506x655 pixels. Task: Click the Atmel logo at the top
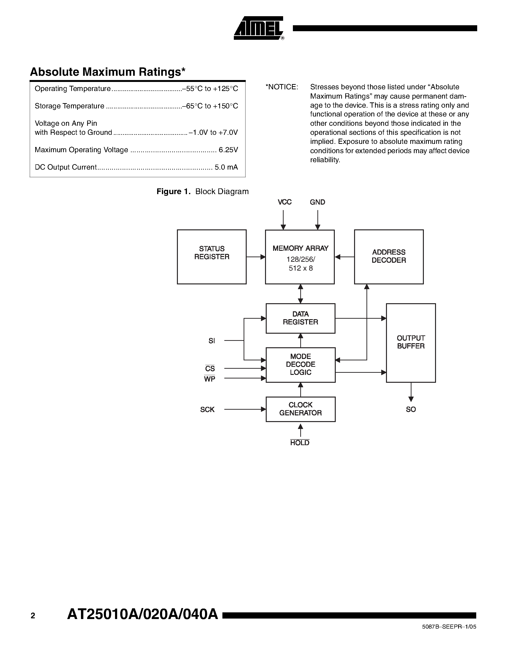point(258,28)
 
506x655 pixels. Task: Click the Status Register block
point(212,257)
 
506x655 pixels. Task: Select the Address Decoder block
point(389,257)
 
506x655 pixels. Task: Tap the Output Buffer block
point(411,343)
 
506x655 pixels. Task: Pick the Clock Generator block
point(300,409)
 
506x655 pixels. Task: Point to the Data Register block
point(300,318)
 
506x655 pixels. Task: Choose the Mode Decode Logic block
point(300,365)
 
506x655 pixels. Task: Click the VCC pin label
point(285,202)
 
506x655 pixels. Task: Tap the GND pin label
point(317,202)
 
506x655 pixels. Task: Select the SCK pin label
point(207,410)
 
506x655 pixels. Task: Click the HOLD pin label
point(300,443)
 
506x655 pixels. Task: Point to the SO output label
point(411,409)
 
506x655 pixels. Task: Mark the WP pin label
point(210,379)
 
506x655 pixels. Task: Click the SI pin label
point(212,341)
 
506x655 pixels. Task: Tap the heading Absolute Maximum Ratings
point(108,72)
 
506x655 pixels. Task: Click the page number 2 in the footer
point(33,616)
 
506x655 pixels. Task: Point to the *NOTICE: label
point(282,87)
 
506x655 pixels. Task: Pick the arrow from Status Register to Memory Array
point(256,257)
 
